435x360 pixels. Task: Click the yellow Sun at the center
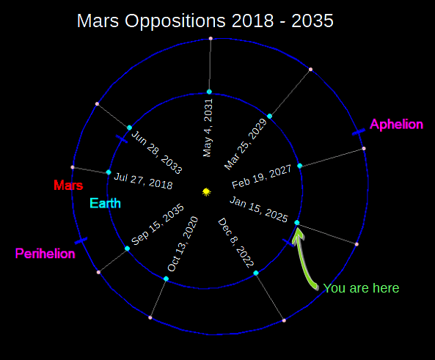point(206,191)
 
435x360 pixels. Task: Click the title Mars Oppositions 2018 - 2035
point(205,21)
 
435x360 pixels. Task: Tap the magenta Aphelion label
point(396,125)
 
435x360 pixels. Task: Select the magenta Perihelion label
point(45,254)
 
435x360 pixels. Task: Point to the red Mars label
point(68,185)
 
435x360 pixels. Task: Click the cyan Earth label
point(106,203)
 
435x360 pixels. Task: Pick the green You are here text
point(361,288)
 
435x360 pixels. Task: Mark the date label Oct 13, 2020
point(183,244)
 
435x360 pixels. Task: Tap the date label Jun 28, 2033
point(156,151)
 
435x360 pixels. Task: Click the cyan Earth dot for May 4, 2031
point(209,92)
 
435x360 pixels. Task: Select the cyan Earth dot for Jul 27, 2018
point(109,172)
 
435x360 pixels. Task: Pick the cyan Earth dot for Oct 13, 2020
point(166,279)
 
